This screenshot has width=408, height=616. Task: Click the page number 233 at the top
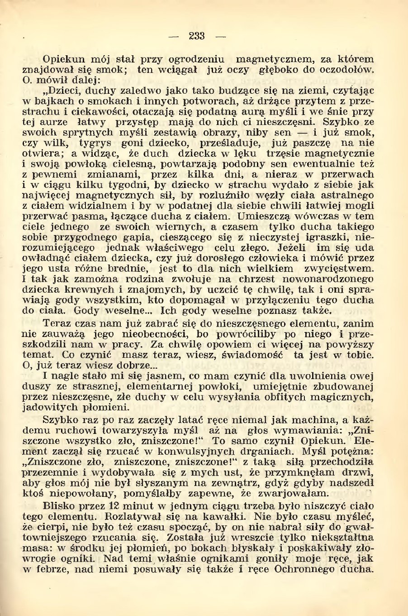coord(197,36)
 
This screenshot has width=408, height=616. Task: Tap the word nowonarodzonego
coord(335,279)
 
